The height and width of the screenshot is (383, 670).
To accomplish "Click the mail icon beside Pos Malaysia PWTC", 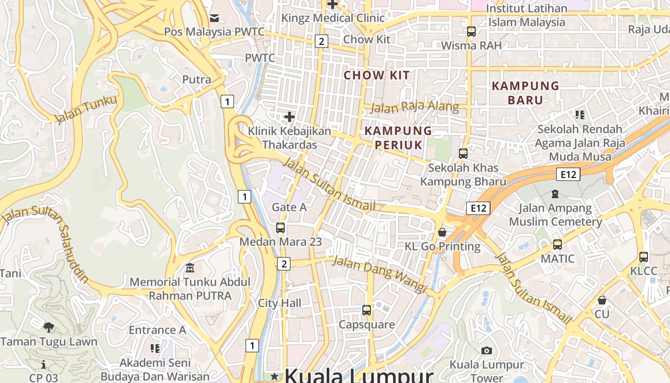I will [x=214, y=18].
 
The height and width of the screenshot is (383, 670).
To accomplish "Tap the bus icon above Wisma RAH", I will [x=471, y=32].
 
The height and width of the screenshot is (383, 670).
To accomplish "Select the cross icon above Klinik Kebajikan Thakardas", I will [x=289, y=116].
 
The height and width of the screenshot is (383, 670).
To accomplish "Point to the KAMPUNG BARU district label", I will [x=525, y=93].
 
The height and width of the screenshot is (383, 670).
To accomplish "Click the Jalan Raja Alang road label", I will [x=414, y=107].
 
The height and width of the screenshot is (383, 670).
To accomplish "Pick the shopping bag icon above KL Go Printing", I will [x=442, y=233].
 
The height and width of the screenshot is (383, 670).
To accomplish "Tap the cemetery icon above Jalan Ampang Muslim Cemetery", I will [x=555, y=194].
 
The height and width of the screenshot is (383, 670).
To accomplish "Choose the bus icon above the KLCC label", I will [x=644, y=257].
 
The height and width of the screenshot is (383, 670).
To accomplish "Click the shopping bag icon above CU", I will [x=602, y=300].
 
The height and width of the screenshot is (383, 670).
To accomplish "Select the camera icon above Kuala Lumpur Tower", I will [x=487, y=350].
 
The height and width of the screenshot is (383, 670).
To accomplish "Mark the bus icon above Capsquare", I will [x=367, y=310].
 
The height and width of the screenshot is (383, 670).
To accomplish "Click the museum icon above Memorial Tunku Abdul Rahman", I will [x=190, y=268].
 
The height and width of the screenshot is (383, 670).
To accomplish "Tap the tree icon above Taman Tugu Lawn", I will [x=48, y=327].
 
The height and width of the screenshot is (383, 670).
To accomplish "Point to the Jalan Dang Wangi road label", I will [x=379, y=274].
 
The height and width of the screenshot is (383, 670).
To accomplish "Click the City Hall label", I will [x=280, y=303].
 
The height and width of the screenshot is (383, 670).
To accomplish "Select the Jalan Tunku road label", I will [x=86, y=110].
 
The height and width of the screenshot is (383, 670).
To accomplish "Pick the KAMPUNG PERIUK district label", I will [x=398, y=138].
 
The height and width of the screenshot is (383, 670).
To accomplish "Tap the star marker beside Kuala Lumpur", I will [x=274, y=376].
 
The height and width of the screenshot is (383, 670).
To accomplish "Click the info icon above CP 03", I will [x=44, y=364].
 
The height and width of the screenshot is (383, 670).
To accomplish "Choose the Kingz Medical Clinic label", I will [x=333, y=18].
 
